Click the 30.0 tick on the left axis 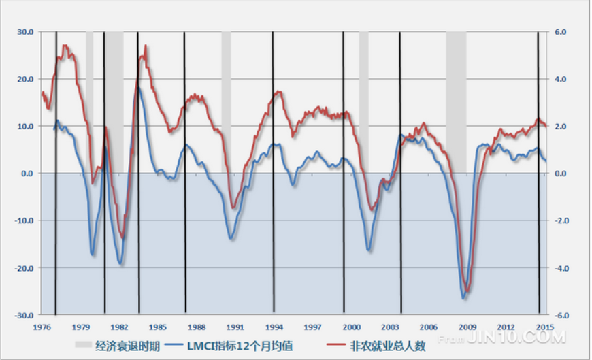(x=25, y=32)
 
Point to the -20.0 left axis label (x=24, y=268)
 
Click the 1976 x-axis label (x=42, y=327)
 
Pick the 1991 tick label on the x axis (x=235, y=327)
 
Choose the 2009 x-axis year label (x=467, y=327)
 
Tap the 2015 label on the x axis (x=544, y=327)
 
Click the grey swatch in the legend (x=82, y=346)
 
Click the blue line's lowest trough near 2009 (x=464, y=297)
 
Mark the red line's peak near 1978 (x=65, y=46)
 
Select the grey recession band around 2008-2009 (x=456, y=102)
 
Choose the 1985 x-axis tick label (x=158, y=327)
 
